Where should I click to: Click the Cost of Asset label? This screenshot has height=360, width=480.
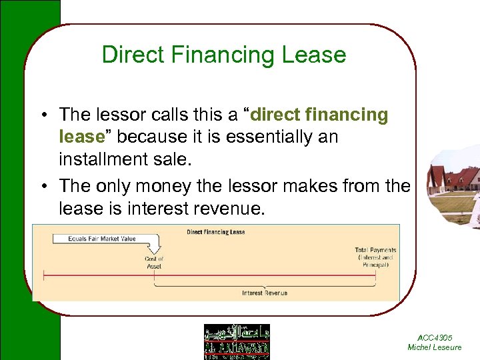pyautogui.click(x=154, y=262)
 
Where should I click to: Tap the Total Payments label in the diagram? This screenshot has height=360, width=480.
pyautogui.click(x=375, y=250)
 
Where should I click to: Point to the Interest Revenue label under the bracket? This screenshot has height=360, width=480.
pyautogui.click(x=264, y=293)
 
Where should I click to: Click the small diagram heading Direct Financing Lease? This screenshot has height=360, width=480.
pyautogui.click(x=216, y=232)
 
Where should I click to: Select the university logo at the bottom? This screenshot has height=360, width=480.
pyautogui.click(x=237, y=342)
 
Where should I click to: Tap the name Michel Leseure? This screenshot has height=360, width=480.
pyautogui.click(x=434, y=347)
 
